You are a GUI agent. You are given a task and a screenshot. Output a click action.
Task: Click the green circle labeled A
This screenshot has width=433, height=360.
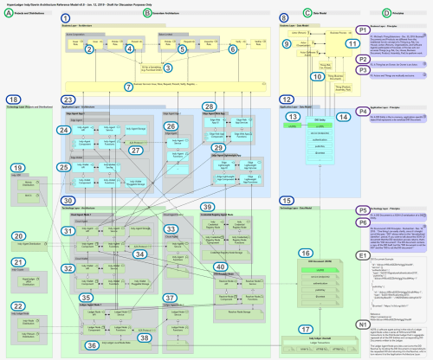pyautogui.click(x=8, y=13)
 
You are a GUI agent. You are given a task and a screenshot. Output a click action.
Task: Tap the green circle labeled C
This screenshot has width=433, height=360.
pyautogui.click(x=307, y=13)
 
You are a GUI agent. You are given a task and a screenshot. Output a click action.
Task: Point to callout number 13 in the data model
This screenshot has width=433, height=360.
pyautogui.click(x=294, y=117)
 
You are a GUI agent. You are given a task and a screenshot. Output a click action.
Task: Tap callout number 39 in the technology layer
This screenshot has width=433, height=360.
pyautogui.click(x=207, y=208)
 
